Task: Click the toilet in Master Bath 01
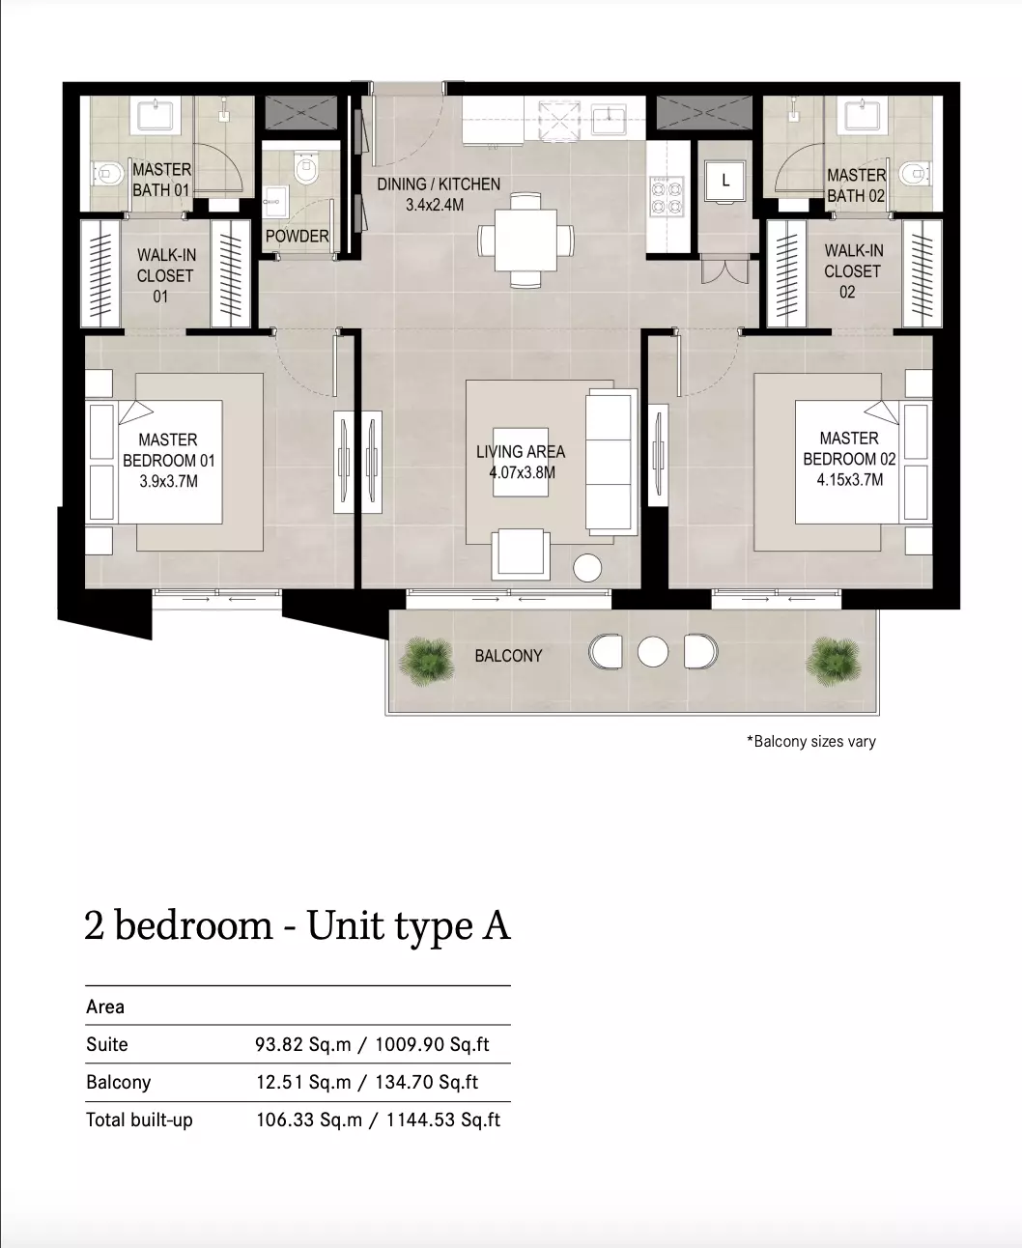tap(107, 174)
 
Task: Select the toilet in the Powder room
tap(306, 167)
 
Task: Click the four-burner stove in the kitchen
tap(667, 196)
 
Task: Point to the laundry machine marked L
tap(724, 181)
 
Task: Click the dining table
tap(525, 241)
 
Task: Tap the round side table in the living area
tap(587, 567)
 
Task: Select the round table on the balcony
tap(653, 651)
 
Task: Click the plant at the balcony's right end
tap(835, 662)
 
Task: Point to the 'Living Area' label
tap(521, 452)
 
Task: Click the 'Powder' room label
tap(297, 236)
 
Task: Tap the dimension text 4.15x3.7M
tap(850, 479)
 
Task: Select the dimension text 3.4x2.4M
tap(435, 206)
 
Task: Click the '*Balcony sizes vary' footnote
tap(811, 742)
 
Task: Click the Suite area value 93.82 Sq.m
tap(303, 1044)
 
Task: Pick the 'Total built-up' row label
tap(139, 1120)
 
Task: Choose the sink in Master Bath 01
tap(156, 116)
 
